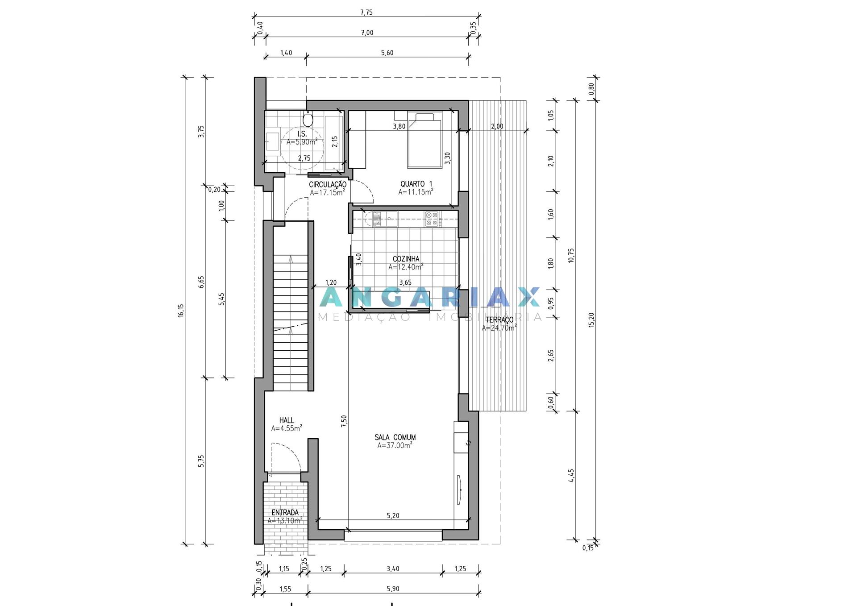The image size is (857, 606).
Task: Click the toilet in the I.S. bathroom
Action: pos(308,119)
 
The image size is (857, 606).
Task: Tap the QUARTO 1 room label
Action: pos(416,184)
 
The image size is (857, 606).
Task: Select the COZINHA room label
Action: pos(406,259)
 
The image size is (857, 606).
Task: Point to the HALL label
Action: pos(287,420)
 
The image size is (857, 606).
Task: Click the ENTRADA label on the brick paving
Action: pos(285,513)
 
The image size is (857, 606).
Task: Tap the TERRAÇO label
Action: pos(499,320)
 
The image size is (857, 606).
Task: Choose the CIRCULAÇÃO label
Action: pos(328,184)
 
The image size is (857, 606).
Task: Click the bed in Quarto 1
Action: pos(424,140)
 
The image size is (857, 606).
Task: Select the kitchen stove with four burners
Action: pos(432,219)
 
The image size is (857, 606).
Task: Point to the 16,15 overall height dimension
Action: pos(181,311)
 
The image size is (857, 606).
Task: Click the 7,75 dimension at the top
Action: pos(366,12)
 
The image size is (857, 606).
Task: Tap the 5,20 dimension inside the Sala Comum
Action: pos(393,515)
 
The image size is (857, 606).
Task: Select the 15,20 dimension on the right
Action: pos(591,320)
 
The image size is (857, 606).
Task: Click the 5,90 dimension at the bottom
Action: pos(393,589)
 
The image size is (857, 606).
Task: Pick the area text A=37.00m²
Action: pos(395,445)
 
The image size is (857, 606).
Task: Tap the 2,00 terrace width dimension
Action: pos(497,126)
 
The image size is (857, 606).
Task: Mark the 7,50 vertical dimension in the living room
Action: pos(344,421)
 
